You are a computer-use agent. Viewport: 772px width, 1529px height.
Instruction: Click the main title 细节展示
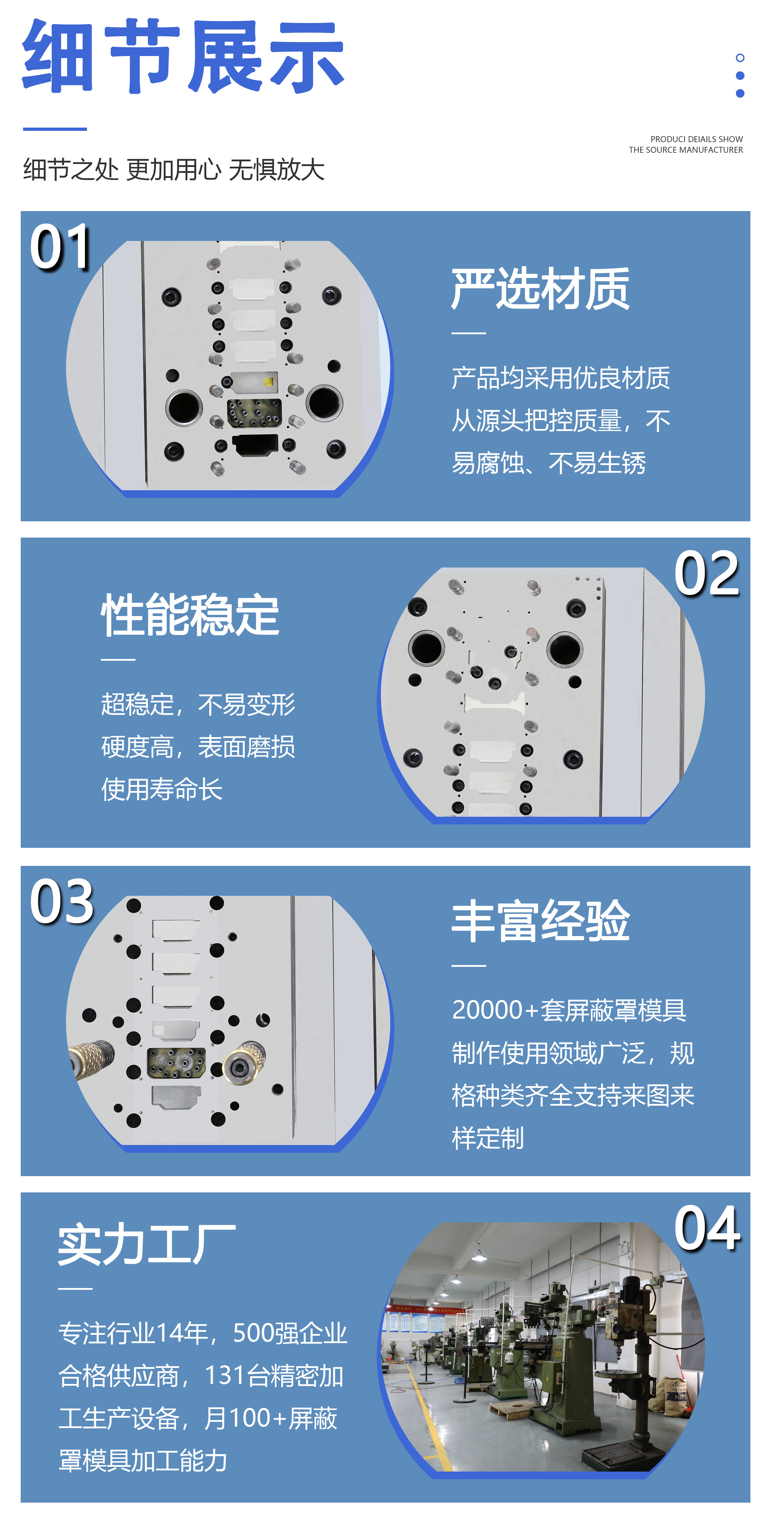(x=183, y=56)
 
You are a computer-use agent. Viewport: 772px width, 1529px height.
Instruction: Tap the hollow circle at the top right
(x=739, y=57)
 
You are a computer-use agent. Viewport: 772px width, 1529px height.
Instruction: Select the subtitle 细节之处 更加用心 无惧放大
(x=173, y=170)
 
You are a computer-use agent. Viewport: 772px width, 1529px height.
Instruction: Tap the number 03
(x=62, y=902)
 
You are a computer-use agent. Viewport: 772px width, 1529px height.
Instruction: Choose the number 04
(x=707, y=1228)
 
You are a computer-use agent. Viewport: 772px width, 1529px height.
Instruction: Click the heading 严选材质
(x=540, y=289)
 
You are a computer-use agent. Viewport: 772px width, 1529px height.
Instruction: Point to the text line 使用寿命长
(x=161, y=789)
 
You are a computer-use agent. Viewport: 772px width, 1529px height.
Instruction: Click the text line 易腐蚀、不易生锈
(x=548, y=463)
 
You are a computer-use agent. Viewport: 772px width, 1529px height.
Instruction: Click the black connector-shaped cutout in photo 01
(x=255, y=445)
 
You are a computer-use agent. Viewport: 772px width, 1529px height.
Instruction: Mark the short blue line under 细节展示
(x=54, y=129)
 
